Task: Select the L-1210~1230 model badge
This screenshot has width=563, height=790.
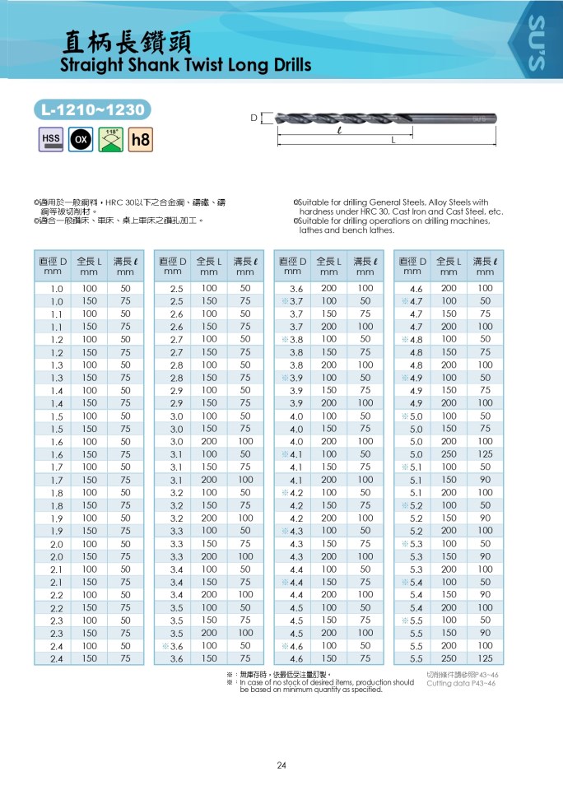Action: coord(93,109)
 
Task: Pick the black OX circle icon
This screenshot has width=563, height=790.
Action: coord(81,139)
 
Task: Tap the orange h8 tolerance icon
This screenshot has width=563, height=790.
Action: coord(141,140)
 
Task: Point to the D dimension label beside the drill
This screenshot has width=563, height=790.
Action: coord(254,118)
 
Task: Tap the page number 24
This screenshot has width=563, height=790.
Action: coord(281,765)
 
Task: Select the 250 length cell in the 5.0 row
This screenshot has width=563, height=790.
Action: coord(449,453)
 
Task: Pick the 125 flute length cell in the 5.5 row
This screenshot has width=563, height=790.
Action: coord(485,658)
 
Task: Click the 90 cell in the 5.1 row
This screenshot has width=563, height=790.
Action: coord(485,479)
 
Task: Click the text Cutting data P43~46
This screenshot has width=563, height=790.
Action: coord(461,683)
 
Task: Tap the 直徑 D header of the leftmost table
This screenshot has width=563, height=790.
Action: coord(53,261)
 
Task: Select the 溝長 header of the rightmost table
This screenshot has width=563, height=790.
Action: coord(485,261)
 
